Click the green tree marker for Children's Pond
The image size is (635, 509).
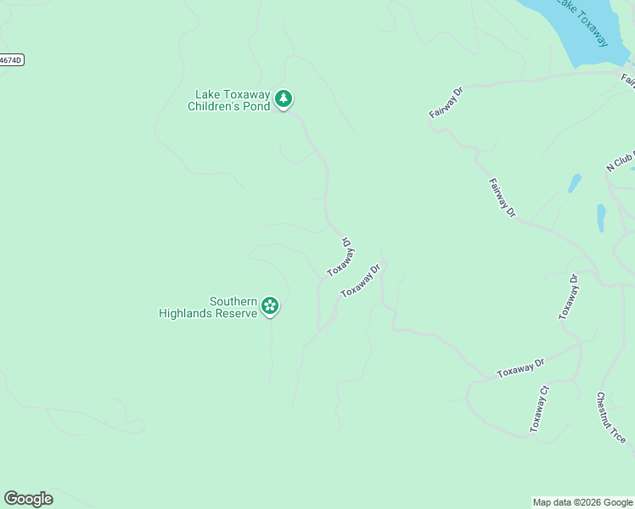[284, 99]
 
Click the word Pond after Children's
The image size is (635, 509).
[261, 107]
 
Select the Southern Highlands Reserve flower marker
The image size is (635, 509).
[270, 305]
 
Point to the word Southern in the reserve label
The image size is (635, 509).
[233, 301]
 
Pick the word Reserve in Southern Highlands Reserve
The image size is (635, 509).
[238, 313]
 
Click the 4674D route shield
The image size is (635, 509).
[10, 60]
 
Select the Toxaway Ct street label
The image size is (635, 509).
[540, 410]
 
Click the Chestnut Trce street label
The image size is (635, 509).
[610, 417]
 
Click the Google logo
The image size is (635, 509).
[28, 499]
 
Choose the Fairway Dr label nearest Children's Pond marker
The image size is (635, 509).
[446, 102]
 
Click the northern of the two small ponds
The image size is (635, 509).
[575, 183]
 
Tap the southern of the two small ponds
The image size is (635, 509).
[601, 217]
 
